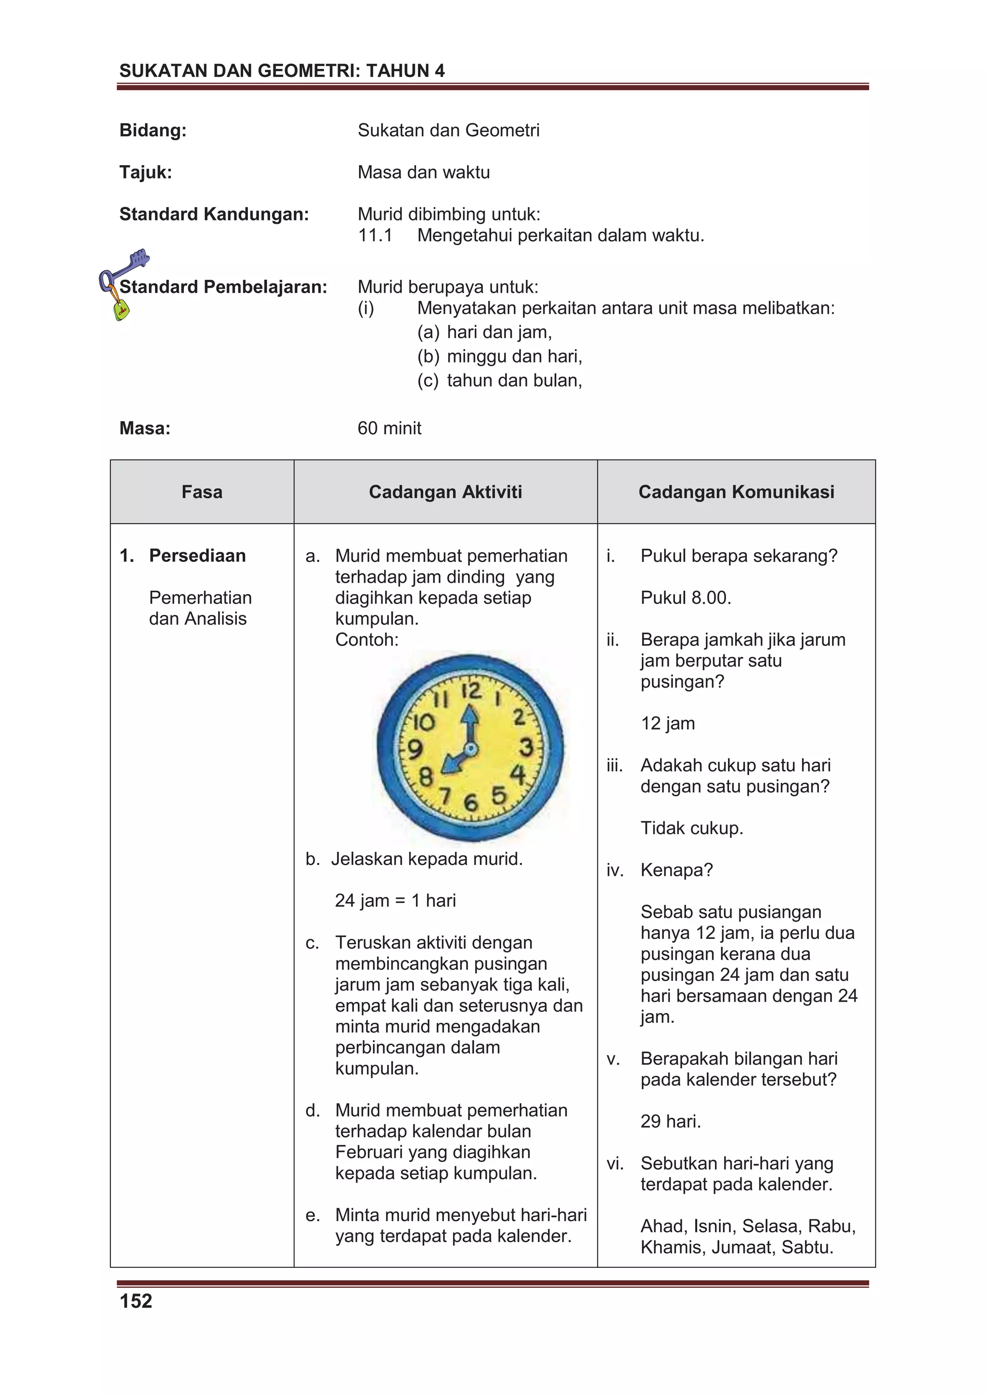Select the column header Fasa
202,492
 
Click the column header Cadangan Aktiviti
445,492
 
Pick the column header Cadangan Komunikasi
736,492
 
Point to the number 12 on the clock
471,691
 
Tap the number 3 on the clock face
526,747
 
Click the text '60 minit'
389,429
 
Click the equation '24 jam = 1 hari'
395,900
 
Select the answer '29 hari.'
671,1121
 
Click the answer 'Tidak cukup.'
691,828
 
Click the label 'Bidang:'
153,130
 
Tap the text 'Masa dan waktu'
424,172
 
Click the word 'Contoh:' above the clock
366,640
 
